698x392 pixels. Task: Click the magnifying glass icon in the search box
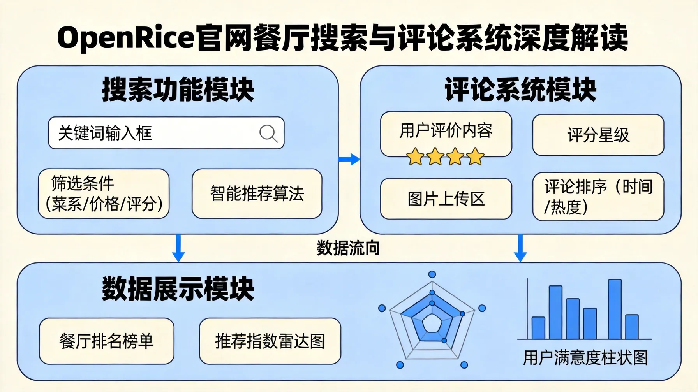click(x=268, y=134)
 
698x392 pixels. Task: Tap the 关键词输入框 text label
click(x=105, y=134)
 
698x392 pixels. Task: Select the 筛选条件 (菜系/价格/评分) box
click(x=104, y=193)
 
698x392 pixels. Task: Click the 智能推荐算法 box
click(x=257, y=193)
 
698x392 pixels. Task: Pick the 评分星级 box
click(x=598, y=135)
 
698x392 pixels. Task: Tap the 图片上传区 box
click(x=446, y=199)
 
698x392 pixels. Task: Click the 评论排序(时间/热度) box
click(x=598, y=197)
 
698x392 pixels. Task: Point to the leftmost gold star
click(x=415, y=157)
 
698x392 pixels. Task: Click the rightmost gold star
click(x=475, y=157)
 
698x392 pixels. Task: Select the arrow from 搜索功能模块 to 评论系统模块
click(x=349, y=159)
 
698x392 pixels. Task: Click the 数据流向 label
click(x=348, y=248)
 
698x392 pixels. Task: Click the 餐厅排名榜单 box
click(x=106, y=341)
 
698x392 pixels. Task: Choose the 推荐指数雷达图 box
click(x=270, y=341)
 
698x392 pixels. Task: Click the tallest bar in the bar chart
click(x=615, y=309)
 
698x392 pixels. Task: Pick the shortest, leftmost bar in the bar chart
click(x=538, y=328)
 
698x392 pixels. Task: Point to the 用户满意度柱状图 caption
click(x=585, y=358)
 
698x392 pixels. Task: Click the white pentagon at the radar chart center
click(x=432, y=323)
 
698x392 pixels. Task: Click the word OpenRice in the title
click(x=125, y=38)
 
